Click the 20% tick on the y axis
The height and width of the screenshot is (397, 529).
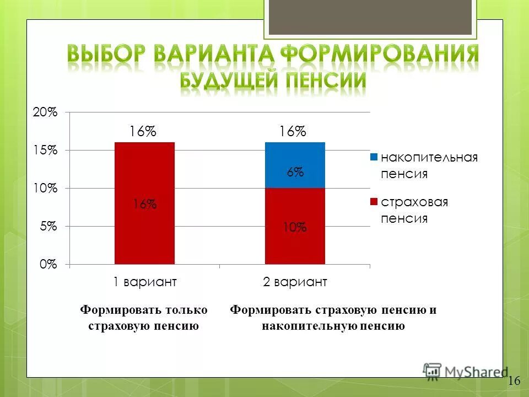[45, 112]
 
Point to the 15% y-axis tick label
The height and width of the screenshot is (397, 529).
[46, 150]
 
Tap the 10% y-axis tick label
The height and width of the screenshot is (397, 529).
[46, 188]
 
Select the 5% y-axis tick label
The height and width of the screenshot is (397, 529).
[48, 226]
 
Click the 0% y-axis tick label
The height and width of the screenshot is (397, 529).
[48, 264]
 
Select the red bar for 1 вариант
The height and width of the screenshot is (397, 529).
[144, 232]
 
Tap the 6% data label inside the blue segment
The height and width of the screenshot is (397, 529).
[295, 172]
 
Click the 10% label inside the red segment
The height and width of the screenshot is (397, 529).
[295, 227]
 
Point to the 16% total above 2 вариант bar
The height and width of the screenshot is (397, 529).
[292, 131]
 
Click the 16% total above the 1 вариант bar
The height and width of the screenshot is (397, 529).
[143, 131]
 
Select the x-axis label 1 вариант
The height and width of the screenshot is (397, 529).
[144, 282]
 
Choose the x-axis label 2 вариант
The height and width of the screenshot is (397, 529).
[295, 282]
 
